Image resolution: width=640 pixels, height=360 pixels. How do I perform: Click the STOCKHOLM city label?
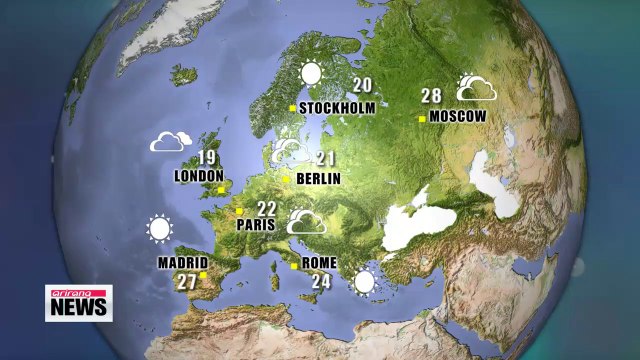point(337,108)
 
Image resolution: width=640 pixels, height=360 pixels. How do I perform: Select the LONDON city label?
point(198,176)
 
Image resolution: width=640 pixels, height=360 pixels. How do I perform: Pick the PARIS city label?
point(256,225)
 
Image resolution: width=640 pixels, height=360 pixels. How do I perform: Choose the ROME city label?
point(320,264)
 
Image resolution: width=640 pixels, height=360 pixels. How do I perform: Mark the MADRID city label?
point(182,263)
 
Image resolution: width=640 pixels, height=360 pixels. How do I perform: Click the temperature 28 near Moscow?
point(431,96)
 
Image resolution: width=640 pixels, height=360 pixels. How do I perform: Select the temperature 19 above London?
point(206,158)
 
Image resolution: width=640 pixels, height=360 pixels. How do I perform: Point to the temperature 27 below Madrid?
point(187,282)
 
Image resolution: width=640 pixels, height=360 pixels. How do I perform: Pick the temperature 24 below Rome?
point(320,282)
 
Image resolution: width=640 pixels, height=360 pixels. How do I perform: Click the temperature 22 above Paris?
point(266,208)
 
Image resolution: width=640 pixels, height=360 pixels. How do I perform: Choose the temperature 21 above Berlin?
point(325,159)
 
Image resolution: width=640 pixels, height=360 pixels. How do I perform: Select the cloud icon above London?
point(171,142)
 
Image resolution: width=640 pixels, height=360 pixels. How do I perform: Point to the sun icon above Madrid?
point(159,230)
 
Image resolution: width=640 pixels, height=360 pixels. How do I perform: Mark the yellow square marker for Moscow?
point(423,118)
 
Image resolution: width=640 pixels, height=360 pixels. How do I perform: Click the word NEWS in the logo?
point(78,307)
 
